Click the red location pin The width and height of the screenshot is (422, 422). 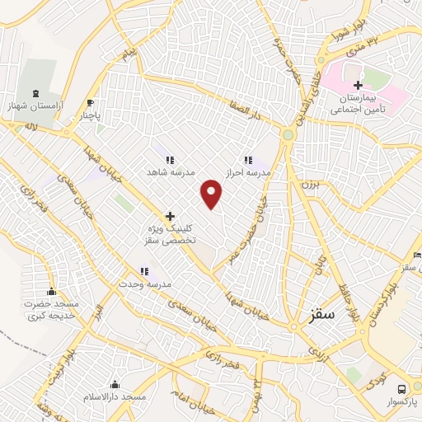coord(213,194)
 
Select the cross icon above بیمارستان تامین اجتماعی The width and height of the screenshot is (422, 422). coord(358,86)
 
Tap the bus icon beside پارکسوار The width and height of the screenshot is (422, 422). coord(401,388)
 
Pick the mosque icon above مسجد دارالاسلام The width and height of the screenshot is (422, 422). coord(115,384)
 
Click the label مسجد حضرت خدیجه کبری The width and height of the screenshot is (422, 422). coord(51,310)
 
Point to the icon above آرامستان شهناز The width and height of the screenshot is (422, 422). coord(35,94)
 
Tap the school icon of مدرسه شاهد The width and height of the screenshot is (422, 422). coord(169,160)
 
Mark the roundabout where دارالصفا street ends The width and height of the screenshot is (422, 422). coord(288,134)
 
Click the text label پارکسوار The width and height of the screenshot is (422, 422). coord(402,401)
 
